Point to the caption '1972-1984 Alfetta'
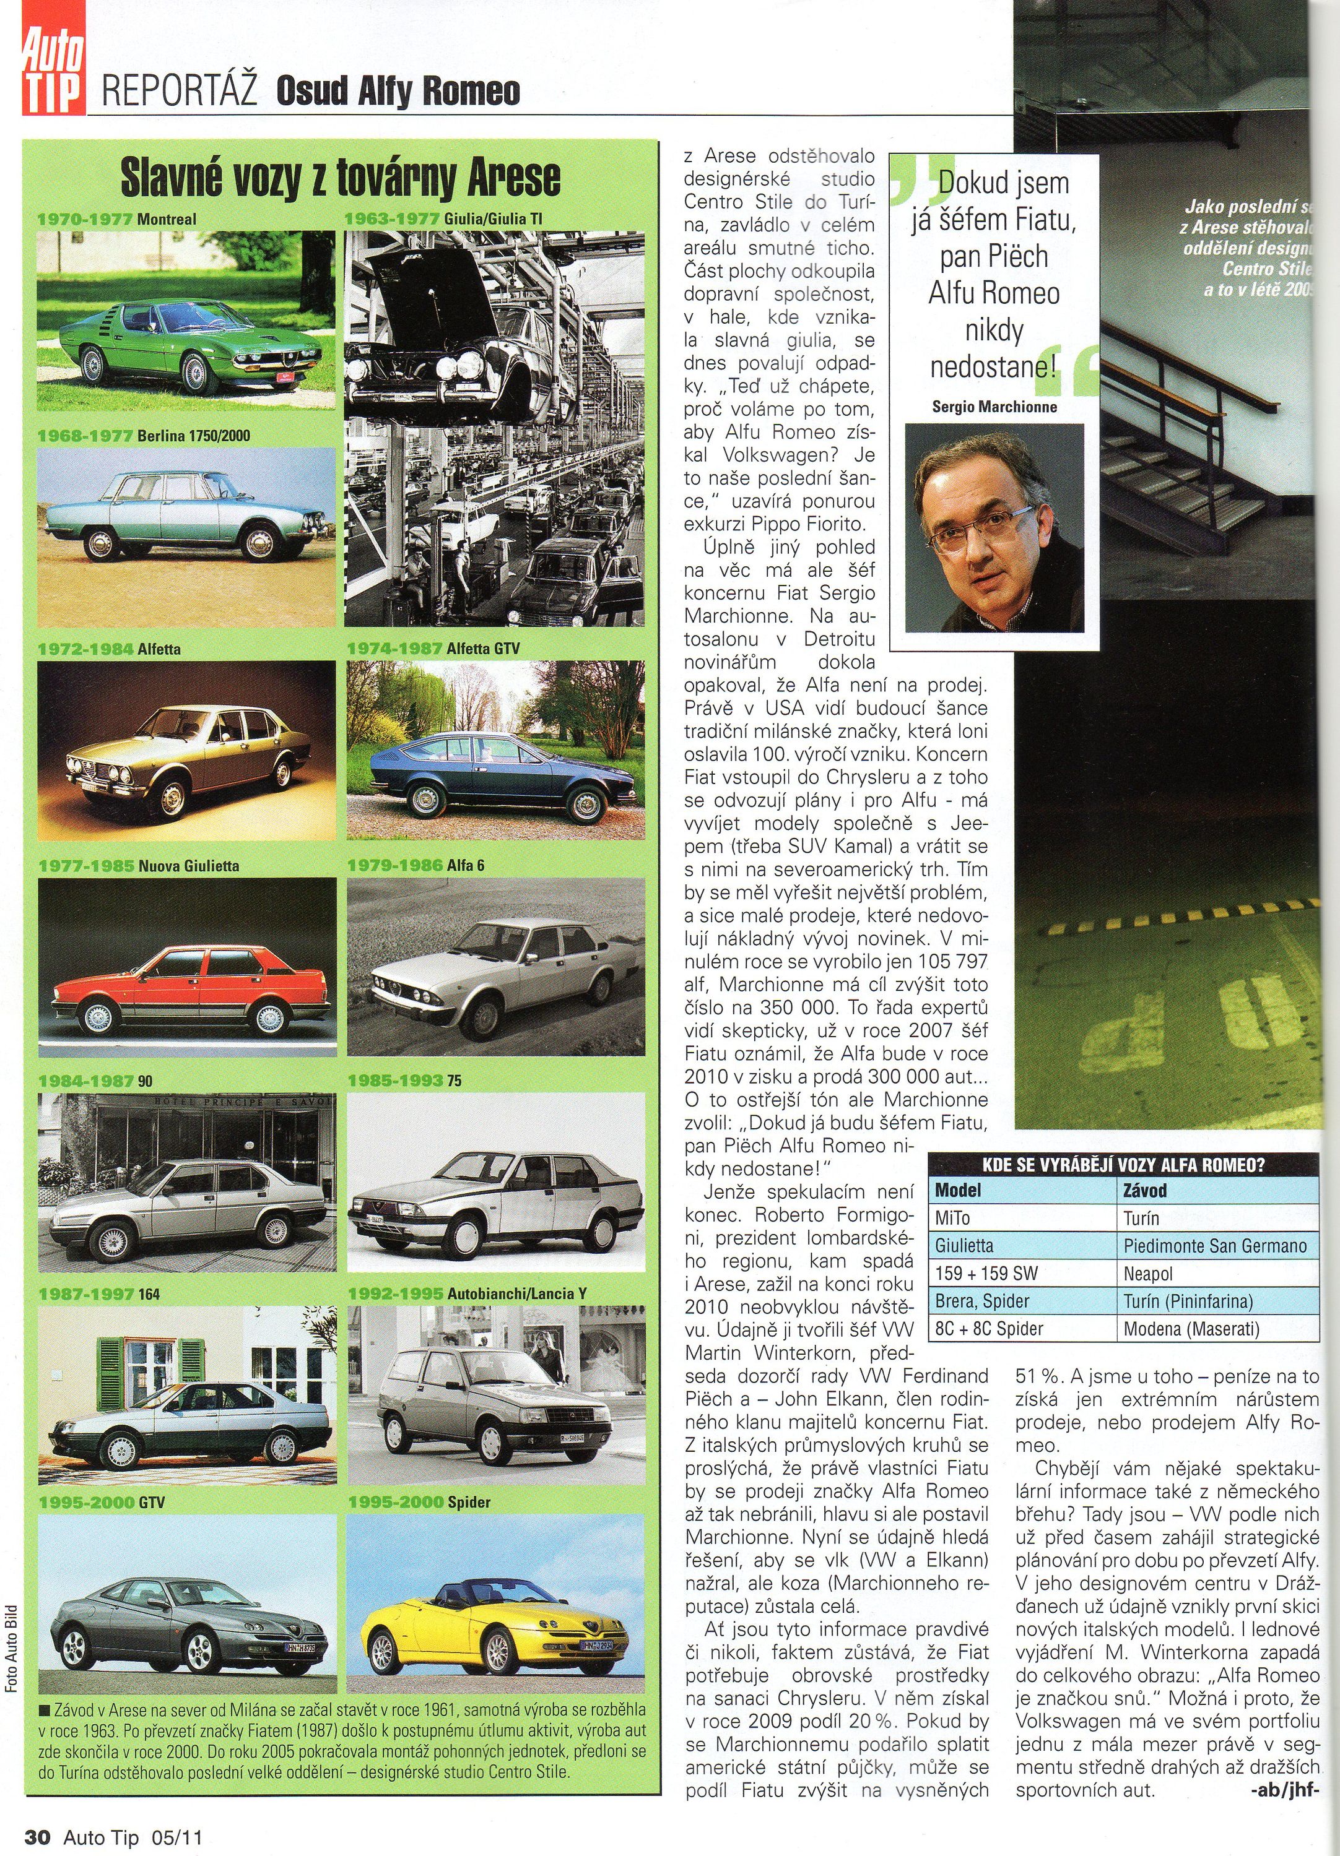pyautogui.click(x=110, y=649)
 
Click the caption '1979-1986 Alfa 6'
pyautogui.click(x=416, y=865)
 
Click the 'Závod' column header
pyautogui.click(x=1144, y=1191)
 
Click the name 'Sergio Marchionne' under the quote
pyautogui.click(x=994, y=407)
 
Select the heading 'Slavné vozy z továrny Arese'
pyautogui.click(x=341, y=177)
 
